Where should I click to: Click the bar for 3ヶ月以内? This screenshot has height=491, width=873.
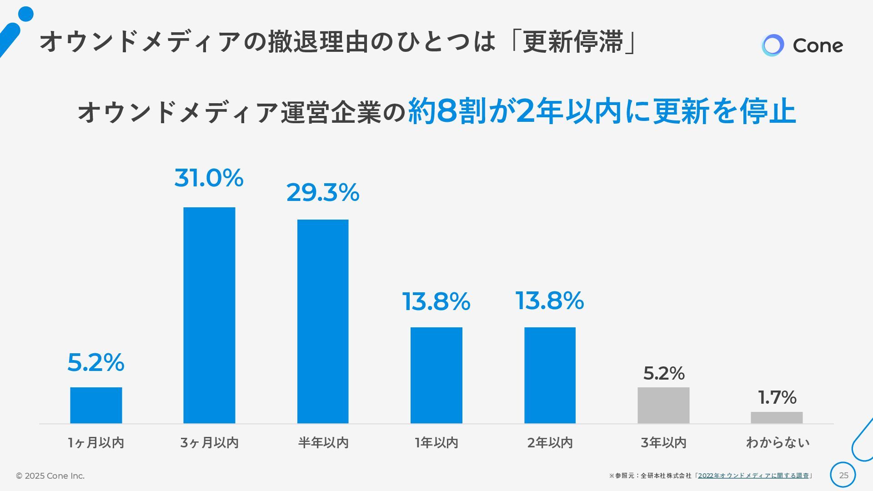pos(209,315)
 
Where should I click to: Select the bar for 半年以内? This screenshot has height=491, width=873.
pos(323,321)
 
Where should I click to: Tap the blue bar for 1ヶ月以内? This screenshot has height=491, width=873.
pos(96,405)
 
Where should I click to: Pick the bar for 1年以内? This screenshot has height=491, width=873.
pos(436,375)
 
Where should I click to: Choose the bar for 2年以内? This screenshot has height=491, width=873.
pos(550,375)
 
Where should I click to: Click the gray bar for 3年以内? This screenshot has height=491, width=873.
pos(663,405)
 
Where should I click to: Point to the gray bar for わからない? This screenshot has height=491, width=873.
pos(777,417)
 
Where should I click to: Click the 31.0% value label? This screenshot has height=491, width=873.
pos(209,178)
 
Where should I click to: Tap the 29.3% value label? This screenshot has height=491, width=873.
pos(323,192)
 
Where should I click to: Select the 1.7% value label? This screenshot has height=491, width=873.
pos(777,397)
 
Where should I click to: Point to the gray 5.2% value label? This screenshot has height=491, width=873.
pos(664,373)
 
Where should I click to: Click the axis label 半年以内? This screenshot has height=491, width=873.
pos(323,442)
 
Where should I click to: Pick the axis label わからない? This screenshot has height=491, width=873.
pos(778,442)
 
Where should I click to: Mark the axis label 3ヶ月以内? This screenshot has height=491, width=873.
pos(209,442)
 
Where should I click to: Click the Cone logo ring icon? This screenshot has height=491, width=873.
pos(773,45)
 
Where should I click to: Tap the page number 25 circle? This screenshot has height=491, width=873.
pos(843,475)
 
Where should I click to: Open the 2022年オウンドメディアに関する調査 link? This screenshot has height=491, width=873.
pos(753,476)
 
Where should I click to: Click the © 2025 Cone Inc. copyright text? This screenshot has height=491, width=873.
pos(50,476)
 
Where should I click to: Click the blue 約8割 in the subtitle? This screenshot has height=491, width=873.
pos(448,111)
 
